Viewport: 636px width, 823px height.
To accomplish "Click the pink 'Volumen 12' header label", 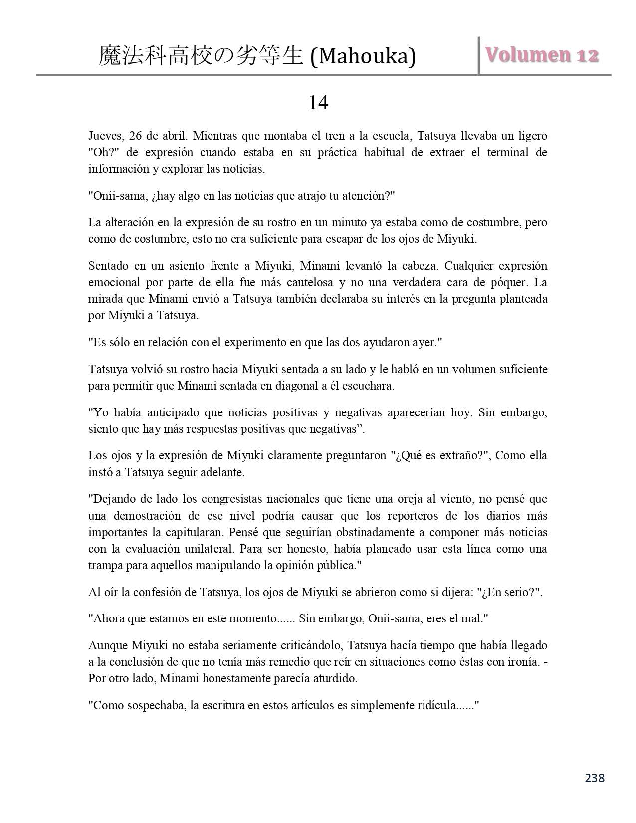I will (x=541, y=55).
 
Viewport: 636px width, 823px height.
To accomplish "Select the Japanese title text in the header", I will (x=201, y=56).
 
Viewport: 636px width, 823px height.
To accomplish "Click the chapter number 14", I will (x=318, y=103).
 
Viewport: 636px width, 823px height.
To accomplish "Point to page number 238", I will (x=594, y=778).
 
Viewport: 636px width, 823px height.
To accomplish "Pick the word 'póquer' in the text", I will (x=512, y=282).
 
